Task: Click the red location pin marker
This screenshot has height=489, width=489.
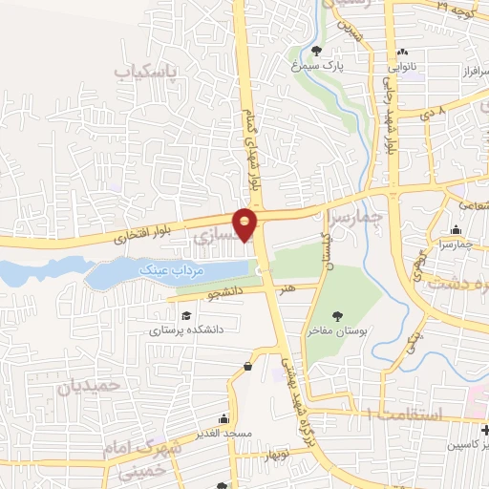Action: [x=246, y=224]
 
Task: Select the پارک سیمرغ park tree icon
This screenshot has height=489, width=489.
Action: [x=317, y=50]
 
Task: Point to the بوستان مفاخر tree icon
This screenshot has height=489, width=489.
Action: [x=336, y=312]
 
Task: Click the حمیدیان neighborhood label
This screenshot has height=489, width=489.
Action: [x=92, y=386]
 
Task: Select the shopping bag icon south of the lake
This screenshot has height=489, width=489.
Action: [x=248, y=365]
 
